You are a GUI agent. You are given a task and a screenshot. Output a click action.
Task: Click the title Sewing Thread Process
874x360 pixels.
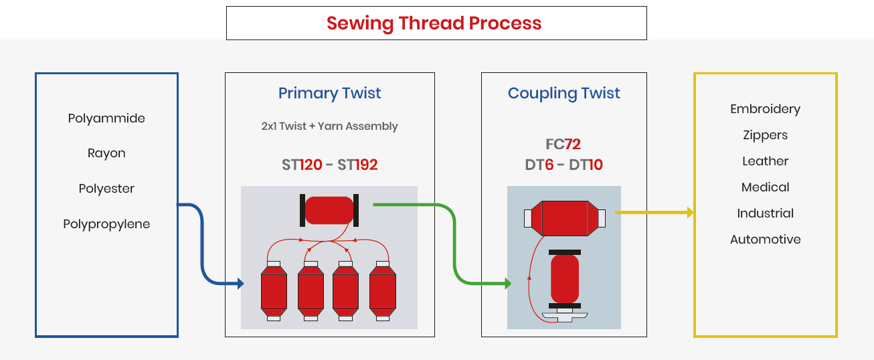click(434, 23)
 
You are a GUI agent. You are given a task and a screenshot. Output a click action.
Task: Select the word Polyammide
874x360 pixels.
click(106, 118)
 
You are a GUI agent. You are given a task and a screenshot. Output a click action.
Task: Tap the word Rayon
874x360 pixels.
click(106, 153)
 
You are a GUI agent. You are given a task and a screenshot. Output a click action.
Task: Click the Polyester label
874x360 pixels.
click(106, 189)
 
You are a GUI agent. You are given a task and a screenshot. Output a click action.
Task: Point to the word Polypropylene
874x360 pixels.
click(106, 224)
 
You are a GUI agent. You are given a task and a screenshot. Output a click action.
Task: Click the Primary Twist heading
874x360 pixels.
click(329, 94)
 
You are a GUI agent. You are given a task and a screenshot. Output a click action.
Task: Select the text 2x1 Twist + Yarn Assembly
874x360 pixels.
click(329, 126)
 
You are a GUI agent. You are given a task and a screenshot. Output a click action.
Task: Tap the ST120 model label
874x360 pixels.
click(302, 165)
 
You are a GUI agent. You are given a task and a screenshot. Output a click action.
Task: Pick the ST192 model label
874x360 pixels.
click(357, 165)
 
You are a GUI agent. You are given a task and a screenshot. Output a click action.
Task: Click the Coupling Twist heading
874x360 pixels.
click(563, 94)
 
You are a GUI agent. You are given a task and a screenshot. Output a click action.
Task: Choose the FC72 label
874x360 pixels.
click(563, 145)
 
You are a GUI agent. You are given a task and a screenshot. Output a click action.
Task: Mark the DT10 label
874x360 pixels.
click(586, 165)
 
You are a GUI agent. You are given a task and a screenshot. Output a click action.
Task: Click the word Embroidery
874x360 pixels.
click(765, 109)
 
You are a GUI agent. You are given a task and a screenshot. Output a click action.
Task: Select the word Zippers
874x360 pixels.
click(765, 135)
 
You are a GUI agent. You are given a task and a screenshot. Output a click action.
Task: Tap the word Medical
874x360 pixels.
click(765, 187)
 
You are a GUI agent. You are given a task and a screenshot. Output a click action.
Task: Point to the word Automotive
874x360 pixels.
click(765, 240)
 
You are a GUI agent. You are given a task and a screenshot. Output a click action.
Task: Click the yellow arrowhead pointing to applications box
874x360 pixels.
click(689, 213)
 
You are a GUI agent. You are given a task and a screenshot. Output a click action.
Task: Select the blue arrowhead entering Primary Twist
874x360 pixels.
click(240, 284)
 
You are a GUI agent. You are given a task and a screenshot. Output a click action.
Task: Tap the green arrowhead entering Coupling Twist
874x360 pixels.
click(507, 284)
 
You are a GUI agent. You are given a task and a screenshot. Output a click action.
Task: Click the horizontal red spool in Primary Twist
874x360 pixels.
click(329, 210)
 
